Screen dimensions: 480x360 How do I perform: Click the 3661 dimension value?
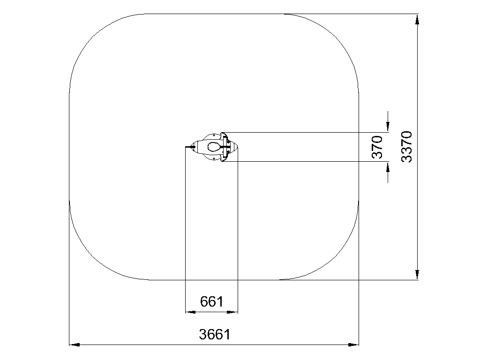[x=214, y=334]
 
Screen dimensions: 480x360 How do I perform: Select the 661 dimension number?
[x=212, y=301]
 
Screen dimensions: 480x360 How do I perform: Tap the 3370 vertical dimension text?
[x=407, y=147]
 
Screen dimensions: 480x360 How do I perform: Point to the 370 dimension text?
[x=377, y=147]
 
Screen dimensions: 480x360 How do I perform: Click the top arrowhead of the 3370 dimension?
[x=417, y=19]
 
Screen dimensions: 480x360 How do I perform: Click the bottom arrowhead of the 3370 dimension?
[x=417, y=275]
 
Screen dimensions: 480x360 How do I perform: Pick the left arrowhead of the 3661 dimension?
[x=75, y=345]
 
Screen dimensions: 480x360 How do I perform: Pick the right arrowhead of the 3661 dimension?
[x=353, y=345]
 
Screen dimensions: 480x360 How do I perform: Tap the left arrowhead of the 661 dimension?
[x=191, y=312]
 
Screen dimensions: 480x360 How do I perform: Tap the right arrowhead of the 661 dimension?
[x=232, y=312]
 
